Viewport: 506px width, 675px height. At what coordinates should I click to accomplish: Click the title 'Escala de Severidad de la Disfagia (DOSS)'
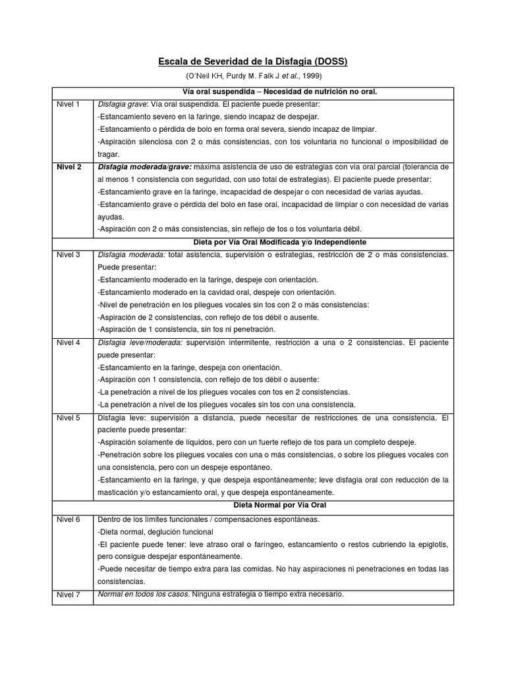coord(252,62)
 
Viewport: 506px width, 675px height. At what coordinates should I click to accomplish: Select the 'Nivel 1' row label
coord(68,104)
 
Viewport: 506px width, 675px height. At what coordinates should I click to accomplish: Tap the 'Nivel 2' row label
coord(69,167)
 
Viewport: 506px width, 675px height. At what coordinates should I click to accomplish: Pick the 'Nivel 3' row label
coord(69,254)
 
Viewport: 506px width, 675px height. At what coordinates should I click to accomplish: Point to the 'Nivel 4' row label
coord(69,342)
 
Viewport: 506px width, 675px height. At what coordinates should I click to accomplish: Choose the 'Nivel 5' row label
coord(69,417)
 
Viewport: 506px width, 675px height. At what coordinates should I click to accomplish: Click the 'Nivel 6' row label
coord(69,519)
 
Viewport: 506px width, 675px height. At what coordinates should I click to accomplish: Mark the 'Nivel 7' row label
coord(69,595)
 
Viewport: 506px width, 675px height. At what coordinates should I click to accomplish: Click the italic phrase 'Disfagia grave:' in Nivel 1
coord(123,104)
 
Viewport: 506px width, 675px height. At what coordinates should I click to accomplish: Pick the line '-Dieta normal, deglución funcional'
coord(155,531)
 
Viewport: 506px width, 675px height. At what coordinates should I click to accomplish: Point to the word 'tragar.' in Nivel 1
coord(109,154)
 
